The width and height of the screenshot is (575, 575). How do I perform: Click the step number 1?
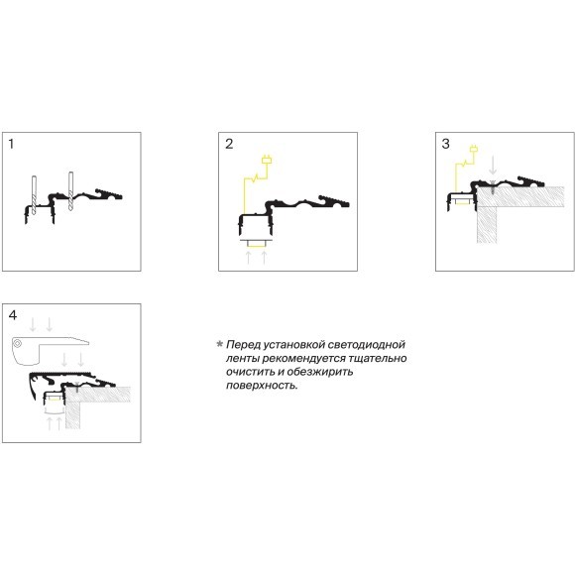click(x=11, y=144)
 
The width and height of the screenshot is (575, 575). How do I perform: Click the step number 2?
click(x=229, y=144)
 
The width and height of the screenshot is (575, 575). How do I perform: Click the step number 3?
click(x=446, y=144)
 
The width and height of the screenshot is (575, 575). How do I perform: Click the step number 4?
click(x=13, y=315)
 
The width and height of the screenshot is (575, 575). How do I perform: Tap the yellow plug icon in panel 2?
click(x=267, y=160)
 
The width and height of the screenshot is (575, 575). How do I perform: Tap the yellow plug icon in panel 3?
click(x=474, y=149)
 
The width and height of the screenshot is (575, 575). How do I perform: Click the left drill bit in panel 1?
click(x=34, y=195)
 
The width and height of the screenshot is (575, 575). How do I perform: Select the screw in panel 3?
click(x=493, y=187)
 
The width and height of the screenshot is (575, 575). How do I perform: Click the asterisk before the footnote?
click(x=220, y=344)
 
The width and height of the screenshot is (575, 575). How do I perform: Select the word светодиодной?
click(x=367, y=345)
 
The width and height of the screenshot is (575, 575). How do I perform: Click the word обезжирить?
click(x=320, y=372)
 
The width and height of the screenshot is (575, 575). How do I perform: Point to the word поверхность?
click(x=262, y=386)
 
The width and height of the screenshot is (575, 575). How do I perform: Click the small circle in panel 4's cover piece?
click(x=18, y=344)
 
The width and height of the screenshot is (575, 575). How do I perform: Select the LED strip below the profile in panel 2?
click(x=257, y=244)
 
